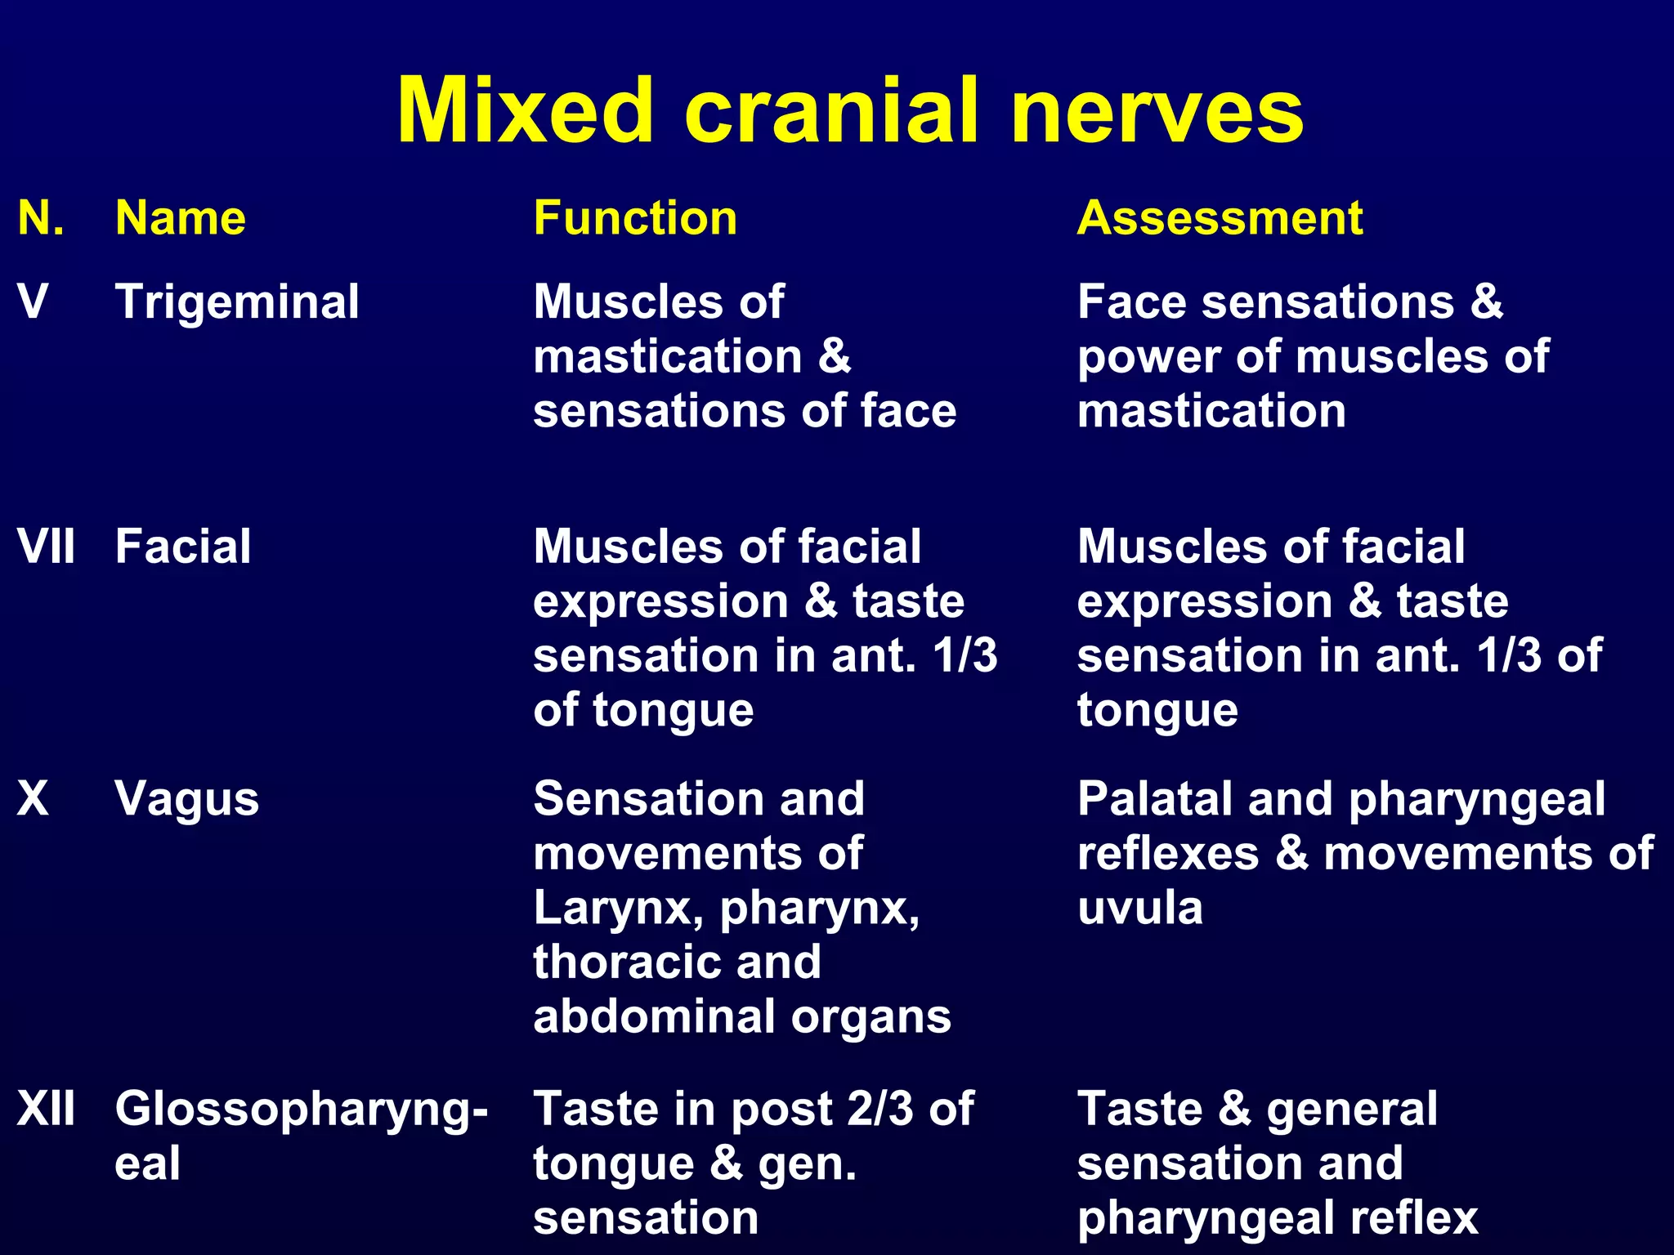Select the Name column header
click(x=181, y=218)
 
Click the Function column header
click(x=635, y=218)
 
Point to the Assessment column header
click(x=1220, y=218)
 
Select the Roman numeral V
click(x=33, y=301)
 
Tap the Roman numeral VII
click(x=46, y=546)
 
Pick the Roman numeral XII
click(x=46, y=1109)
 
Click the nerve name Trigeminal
click(x=237, y=301)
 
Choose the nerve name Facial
click(x=183, y=546)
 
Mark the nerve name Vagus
click(x=187, y=798)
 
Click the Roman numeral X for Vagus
click(x=33, y=798)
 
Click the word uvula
click(x=1139, y=908)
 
